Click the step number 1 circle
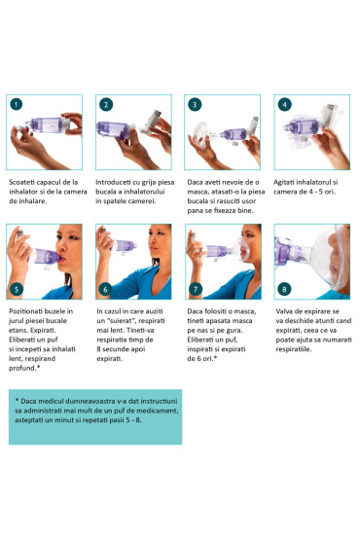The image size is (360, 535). point(16,103)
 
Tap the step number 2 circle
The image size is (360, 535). point(104,103)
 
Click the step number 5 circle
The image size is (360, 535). point(16,290)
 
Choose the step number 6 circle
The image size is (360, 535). point(104,290)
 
